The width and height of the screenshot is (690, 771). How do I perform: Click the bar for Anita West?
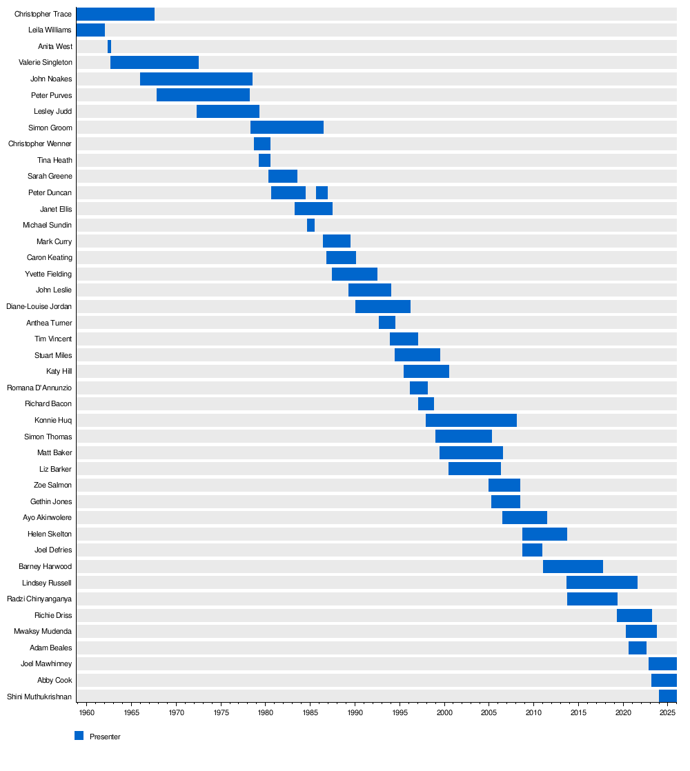click(x=109, y=46)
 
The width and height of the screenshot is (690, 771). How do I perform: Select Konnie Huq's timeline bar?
click(x=471, y=420)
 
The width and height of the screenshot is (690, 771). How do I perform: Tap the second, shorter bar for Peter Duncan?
click(x=322, y=192)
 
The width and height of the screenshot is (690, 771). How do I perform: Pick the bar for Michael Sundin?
click(x=310, y=225)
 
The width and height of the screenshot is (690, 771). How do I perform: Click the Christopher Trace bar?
click(x=115, y=14)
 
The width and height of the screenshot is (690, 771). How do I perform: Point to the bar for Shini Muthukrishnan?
click(x=667, y=696)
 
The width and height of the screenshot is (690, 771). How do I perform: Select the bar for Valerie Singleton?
click(x=155, y=63)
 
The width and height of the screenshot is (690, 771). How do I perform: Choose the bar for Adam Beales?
click(x=638, y=648)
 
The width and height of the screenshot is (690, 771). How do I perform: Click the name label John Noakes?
click(x=51, y=79)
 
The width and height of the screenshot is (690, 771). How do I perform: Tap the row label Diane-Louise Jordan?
click(x=39, y=306)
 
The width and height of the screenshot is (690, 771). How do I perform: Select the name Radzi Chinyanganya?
click(x=39, y=599)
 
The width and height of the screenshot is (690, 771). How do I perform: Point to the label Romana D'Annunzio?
click(x=39, y=388)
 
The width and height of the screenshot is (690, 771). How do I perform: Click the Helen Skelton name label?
click(x=50, y=534)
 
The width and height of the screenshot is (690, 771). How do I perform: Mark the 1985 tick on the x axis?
click(x=310, y=711)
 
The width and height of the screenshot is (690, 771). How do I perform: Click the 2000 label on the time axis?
click(x=444, y=711)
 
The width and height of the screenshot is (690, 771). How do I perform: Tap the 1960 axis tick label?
click(x=87, y=711)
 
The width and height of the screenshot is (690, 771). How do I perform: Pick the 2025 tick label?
click(x=667, y=711)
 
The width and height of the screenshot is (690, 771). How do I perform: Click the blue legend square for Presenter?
click(x=79, y=736)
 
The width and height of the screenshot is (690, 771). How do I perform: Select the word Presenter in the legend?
click(x=105, y=737)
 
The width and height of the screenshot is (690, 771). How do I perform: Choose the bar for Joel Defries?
click(x=532, y=550)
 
